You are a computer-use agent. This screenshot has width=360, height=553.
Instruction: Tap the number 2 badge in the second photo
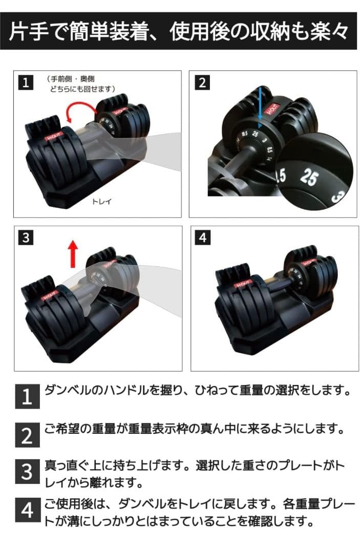[203, 82]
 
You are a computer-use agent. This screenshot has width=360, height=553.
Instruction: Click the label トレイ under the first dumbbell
[101, 201]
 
